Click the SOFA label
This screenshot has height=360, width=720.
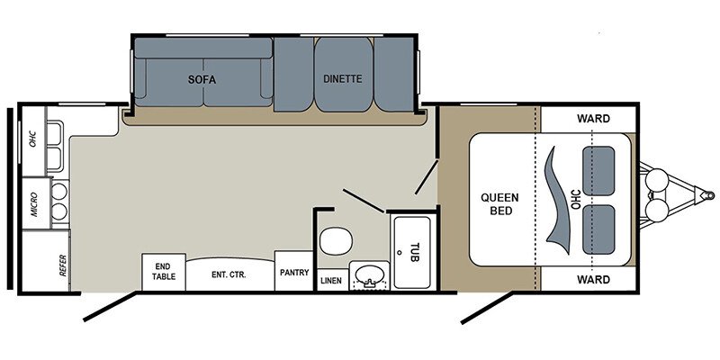coord(202,79)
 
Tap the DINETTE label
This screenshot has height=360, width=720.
coord(343,78)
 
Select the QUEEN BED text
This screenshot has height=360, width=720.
coord(499,204)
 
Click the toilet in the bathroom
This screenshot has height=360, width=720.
coord(336,240)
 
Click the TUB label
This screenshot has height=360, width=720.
coord(414,252)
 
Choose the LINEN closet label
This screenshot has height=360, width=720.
coord(330,281)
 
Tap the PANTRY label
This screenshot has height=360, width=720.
coord(294,273)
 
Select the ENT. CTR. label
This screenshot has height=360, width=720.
coord(229,275)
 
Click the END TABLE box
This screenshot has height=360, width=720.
coord(164,272)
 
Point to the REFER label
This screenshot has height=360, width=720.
coord(63,265)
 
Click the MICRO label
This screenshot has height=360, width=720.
coord(34,203)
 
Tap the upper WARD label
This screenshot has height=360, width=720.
coord(593,119)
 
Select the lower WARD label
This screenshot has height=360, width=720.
coord(593,279)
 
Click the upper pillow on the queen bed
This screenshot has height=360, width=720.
coord(598,171)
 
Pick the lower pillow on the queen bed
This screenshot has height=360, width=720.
coord(598,229)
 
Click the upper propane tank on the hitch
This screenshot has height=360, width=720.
coord(657,180)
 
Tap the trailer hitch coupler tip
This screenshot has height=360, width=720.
coord(711,195)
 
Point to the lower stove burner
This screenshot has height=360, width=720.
coord(59,211)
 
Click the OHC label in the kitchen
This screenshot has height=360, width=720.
coord(33,139)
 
